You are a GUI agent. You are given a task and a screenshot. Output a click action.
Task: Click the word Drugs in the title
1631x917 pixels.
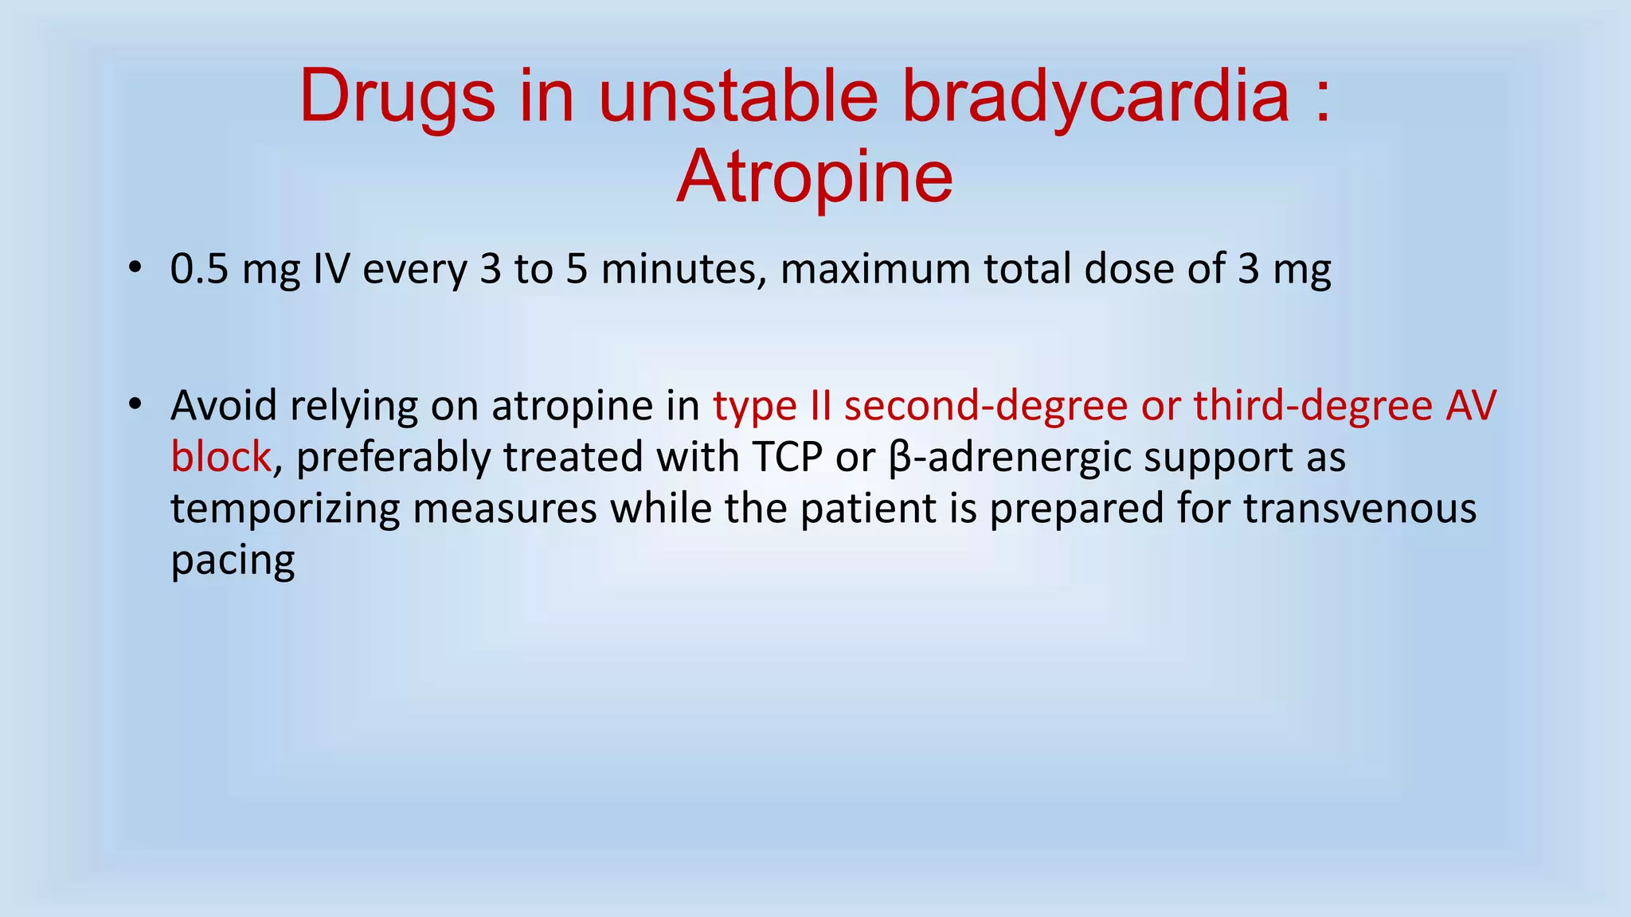coord(397,97)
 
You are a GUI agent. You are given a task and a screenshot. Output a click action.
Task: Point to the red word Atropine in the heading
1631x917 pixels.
coord(815,177)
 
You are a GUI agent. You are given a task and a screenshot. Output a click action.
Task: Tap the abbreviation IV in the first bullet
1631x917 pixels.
coord(331,269)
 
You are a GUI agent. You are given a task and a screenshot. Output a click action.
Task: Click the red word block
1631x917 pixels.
coord(221,458)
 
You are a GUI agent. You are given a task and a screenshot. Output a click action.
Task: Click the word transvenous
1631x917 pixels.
coord(1359,509)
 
